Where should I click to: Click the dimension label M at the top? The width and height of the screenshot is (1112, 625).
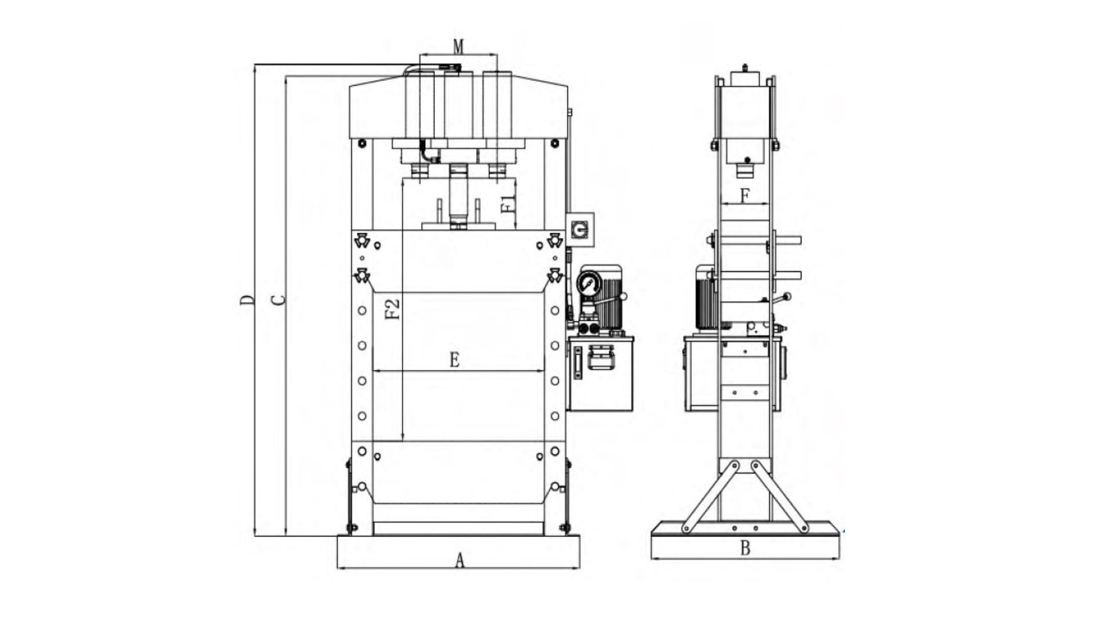458,45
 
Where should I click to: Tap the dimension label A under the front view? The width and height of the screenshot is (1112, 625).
459,560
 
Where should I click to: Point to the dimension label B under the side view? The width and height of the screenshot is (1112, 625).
745,548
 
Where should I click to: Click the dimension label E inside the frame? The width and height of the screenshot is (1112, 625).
455,360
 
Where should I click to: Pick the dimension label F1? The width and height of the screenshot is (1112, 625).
508,204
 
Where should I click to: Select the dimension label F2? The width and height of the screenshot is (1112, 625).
393,308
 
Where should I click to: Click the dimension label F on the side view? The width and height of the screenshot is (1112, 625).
745,196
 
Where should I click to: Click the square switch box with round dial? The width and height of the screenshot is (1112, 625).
580,227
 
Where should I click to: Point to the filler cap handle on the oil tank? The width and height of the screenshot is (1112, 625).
599,357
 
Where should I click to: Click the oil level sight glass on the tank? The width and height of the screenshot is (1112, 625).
577,363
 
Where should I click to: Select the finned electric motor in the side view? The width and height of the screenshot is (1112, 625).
705,301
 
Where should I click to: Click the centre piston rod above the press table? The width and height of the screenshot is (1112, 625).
459,197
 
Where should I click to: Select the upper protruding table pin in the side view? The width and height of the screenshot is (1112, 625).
788,240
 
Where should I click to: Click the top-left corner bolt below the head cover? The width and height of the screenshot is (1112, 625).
362,143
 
